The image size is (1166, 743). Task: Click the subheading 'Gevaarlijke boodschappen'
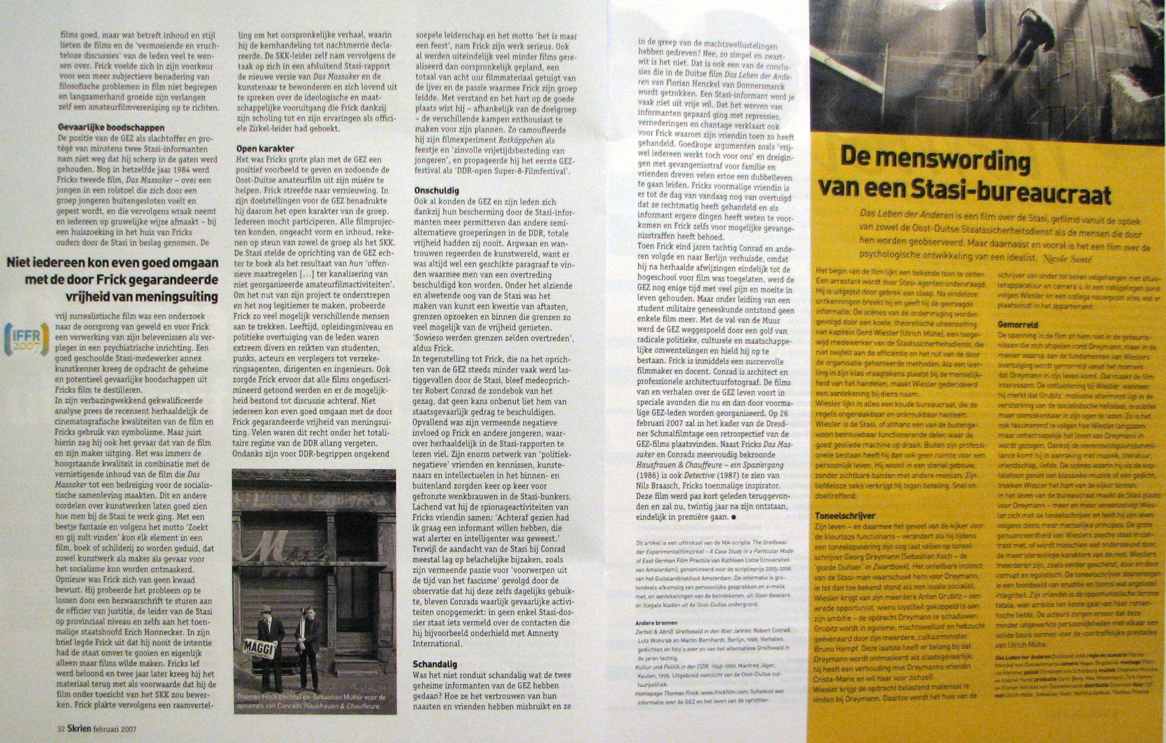point(112,128)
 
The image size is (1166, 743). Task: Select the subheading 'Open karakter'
point(265,148)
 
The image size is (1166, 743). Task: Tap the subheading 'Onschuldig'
point(437,191)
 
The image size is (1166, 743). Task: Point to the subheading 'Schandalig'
point(435,664)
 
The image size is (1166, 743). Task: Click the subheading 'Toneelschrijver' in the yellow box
point(845,516)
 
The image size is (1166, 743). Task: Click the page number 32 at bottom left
point(61,728)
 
